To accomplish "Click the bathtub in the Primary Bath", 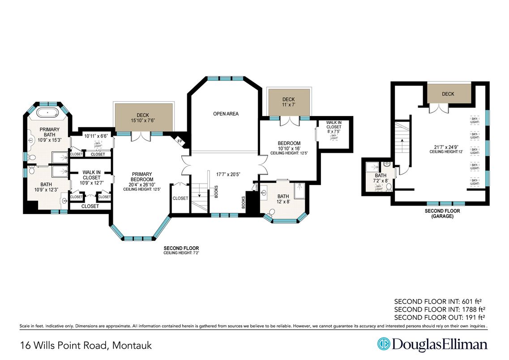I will [50, 112].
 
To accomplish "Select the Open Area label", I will [226, 114].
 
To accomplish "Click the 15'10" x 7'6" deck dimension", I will [143, 120].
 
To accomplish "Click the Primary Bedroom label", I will [141, 177].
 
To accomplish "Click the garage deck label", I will [448, 94].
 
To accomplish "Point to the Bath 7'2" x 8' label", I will [381, 178].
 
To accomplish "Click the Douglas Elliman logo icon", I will [384, 344].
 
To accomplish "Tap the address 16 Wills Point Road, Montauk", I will [86, 345].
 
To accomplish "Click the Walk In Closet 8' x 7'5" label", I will [334, 127].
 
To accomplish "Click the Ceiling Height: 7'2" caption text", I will [181, 253].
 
